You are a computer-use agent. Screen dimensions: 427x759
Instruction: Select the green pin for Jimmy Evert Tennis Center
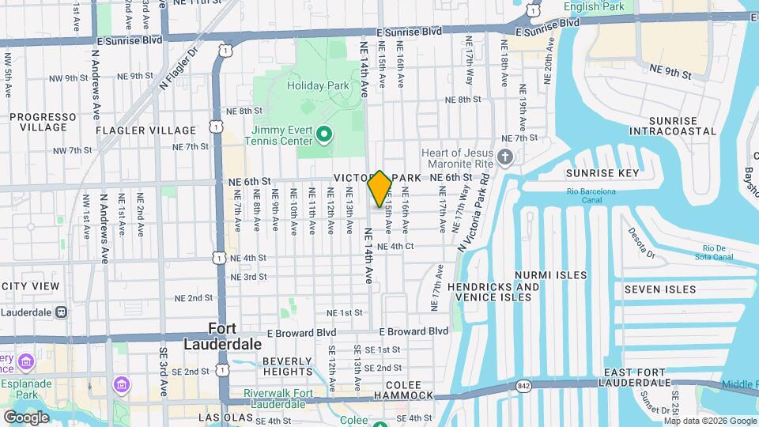pos(323,135)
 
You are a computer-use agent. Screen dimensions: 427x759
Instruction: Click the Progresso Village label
pos(38,122)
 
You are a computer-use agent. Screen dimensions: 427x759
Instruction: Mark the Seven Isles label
pos(660,290)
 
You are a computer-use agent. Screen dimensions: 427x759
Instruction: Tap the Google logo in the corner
pos(26,417)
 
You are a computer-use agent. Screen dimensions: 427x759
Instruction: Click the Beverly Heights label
pos(288,367)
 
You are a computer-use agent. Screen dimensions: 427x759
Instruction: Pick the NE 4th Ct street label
pos(395,246)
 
